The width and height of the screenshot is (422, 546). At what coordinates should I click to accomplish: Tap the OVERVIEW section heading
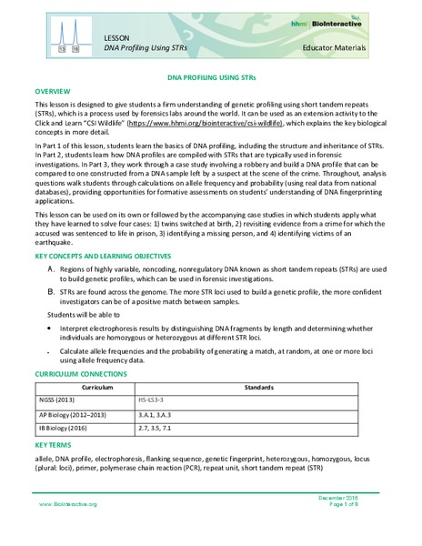pos(55,93)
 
